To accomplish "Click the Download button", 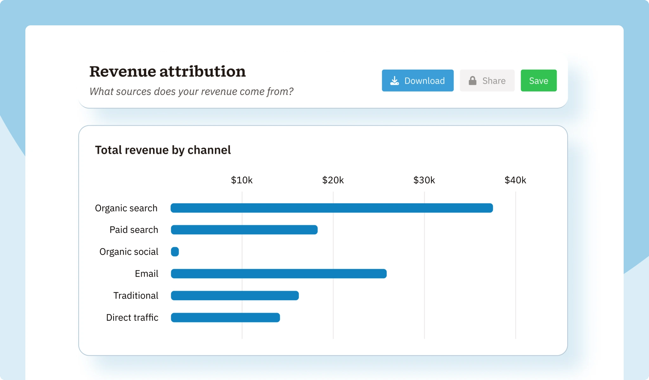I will click(x=417, y=80).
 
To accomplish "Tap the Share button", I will click(x=487, y=80).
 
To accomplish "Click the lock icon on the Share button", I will click(x=472, y=80).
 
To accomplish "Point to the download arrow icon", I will click(x=395, y=80).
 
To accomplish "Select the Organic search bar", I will click(x=331, y=208).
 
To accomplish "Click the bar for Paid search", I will click(x=244, y=230).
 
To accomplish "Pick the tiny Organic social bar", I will click(x=175, y=252).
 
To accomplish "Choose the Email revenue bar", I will click(x=279, y=274).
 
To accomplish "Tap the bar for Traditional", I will click(x=235, y=295).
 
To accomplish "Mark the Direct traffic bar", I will click(x=225, y=318).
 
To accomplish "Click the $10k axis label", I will click(x=241, y=180).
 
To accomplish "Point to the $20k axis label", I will click(x=333, y=180).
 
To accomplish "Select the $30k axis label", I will click(x=424, y=180).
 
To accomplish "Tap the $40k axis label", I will click(x=515, y=180).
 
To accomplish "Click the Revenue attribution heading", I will click(x=167, y=71).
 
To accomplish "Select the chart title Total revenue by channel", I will click(x=163, y=150).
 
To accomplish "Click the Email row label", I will click(x=146, y=274).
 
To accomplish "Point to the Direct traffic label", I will click(x=132, y=318).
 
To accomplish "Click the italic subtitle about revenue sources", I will click(x=191, y=92).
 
